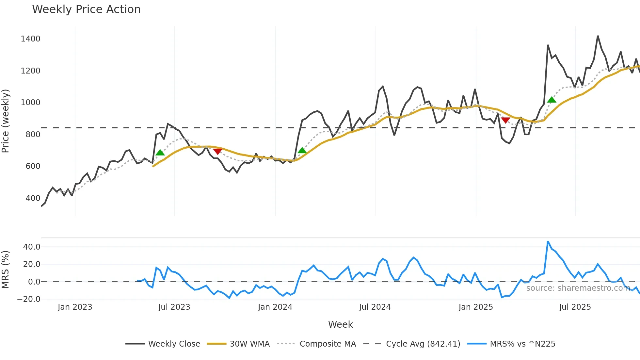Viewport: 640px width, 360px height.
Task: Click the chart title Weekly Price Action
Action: pyautogui.click(x=86, y=9)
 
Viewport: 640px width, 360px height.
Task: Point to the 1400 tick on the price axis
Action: pyautogui.click(x=30, y=39)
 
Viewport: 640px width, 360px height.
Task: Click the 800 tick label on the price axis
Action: pyautogui.click(x=33, y=134)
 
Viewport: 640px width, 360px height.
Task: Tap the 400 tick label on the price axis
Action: pyautogui.click(x=33, y=198)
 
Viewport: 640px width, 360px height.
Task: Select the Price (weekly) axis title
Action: pyautogui.click(x=6, y=121)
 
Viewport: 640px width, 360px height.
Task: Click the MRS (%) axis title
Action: pyautogui.click(x=6, y=270)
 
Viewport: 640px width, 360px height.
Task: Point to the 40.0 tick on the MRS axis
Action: pyautogui.click(x=32, y=247)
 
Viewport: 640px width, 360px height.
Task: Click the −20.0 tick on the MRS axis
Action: pyautogui.click(x=29, y=299)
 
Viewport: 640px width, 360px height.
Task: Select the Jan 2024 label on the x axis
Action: pyautogui.click(x=275, y=307)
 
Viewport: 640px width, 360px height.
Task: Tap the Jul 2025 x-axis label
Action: pyautogui.click(x=575, y=307)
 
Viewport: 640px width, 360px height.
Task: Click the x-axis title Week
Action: pyautogui.click(x=340, y=324)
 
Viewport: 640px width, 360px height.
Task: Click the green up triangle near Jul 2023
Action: pyautogui.click(x=160, y=153)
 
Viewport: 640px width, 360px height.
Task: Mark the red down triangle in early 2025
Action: pyautogui.click(x=505, y=120)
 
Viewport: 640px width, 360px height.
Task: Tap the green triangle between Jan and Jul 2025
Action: pyautogui.click(x=552, y=100)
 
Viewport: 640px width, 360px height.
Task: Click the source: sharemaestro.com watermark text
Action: pyautogui.click(x=578, y=288)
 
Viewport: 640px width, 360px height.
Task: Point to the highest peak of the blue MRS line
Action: pyautogui.click(x=548, y=242)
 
